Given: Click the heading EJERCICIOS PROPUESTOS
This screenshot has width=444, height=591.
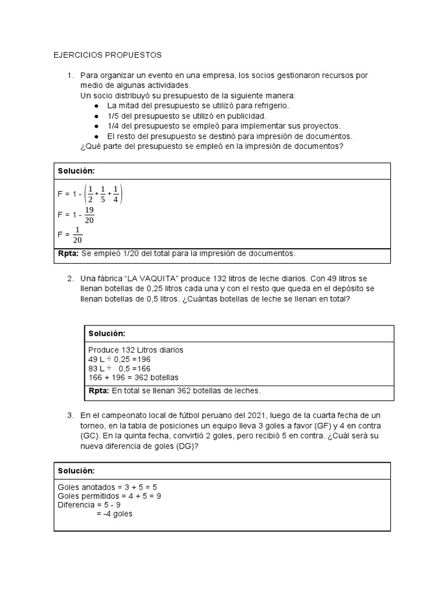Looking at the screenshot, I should tap(108, 55).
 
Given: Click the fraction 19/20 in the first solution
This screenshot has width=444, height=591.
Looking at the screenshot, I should tap(89, 214).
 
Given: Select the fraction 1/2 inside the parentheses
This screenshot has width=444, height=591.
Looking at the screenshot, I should tap(90, 194).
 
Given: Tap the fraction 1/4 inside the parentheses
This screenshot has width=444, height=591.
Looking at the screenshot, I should tap(116, 194).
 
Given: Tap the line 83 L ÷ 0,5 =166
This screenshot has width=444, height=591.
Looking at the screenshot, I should tap(119, 368).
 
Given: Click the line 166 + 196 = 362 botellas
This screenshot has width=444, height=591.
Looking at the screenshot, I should tap(133, 377).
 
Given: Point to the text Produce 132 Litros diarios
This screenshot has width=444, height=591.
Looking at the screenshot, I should tap(135, 350).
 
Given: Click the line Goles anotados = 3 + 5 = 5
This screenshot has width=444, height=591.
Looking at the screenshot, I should tap(103, 486).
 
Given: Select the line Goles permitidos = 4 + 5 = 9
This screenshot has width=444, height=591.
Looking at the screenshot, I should tap(109, 495).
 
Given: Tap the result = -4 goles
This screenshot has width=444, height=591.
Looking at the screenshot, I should tap(114, 514).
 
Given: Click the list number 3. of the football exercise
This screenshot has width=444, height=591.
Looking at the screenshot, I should tap(70, 416).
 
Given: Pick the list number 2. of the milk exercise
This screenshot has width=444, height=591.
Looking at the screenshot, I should tap(70, 279).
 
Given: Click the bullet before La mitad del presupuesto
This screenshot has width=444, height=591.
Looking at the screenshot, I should tap(95, 106).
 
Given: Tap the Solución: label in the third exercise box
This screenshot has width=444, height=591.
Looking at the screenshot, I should tap(76, 471).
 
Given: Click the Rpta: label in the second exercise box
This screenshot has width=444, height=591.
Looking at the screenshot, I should tap(99, 391).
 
